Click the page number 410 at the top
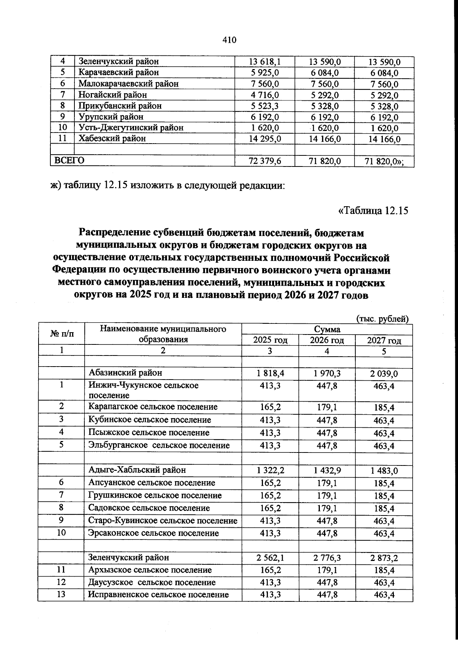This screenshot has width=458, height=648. point(229,40)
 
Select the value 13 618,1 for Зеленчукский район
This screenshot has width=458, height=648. point(264,61)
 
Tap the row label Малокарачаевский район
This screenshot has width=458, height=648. point(128,84)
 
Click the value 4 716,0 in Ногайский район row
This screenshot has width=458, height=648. point(264,95)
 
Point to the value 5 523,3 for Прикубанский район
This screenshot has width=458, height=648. point(264,106)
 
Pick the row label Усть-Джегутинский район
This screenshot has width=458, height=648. point(131,128)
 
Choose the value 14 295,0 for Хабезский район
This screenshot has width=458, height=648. point(264,139)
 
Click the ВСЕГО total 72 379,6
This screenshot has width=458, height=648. point(264,161)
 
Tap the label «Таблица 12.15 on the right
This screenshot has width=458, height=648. point(373,210)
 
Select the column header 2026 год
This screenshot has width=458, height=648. point(327,340)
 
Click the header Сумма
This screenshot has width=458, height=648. point(327,329)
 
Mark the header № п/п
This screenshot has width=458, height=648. point(61,334)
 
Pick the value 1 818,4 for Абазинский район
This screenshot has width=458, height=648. point(270,373)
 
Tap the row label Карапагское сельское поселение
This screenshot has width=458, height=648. point(153,407)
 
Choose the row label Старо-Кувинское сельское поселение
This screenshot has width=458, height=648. point(163,521)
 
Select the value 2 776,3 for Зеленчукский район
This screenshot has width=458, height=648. point(327,558)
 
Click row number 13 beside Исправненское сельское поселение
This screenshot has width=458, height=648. point(61,595)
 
